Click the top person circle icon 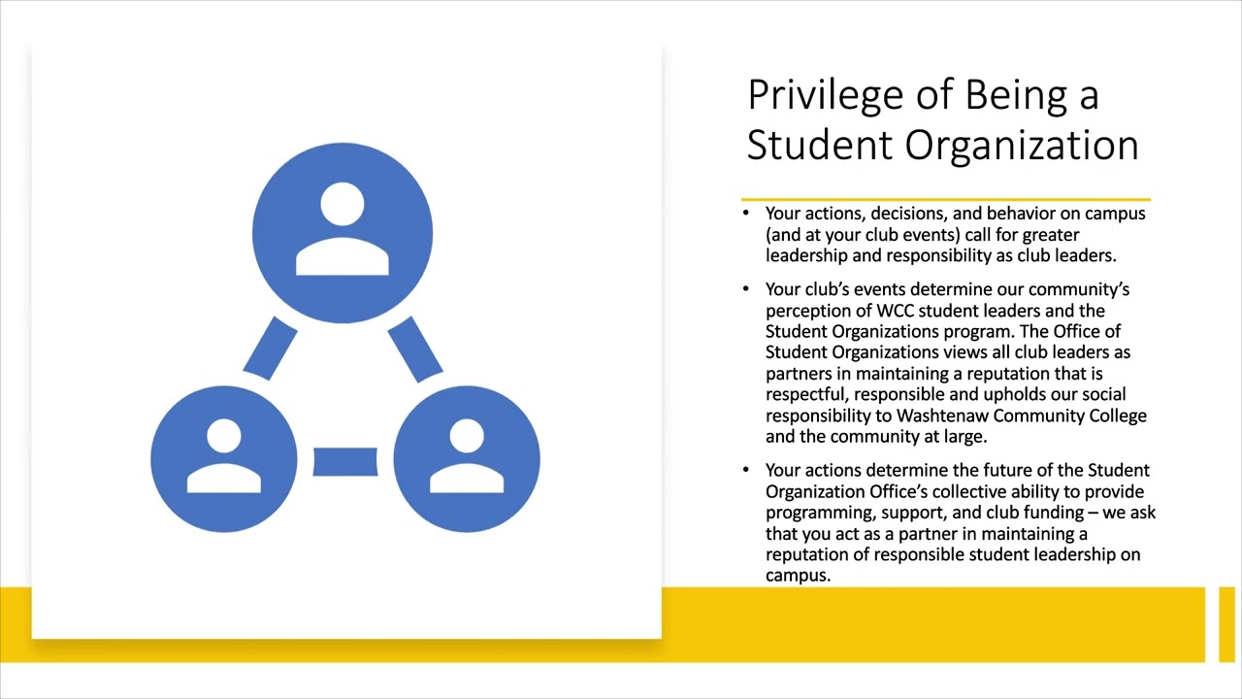coord(343,233)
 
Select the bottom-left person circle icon coord(224,459)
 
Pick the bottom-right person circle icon coord(467,459)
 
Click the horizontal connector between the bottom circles coord(345,461)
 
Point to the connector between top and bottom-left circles coord(271,349)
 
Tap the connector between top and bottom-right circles coord(415,349)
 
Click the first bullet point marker coord(746,214)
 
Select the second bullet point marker coord(746,289)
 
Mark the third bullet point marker coord(746,470)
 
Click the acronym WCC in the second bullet coord(896,311)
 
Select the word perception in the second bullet coord(805,311)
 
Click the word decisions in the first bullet coord(911,214)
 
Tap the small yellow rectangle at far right coord(1226,624)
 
